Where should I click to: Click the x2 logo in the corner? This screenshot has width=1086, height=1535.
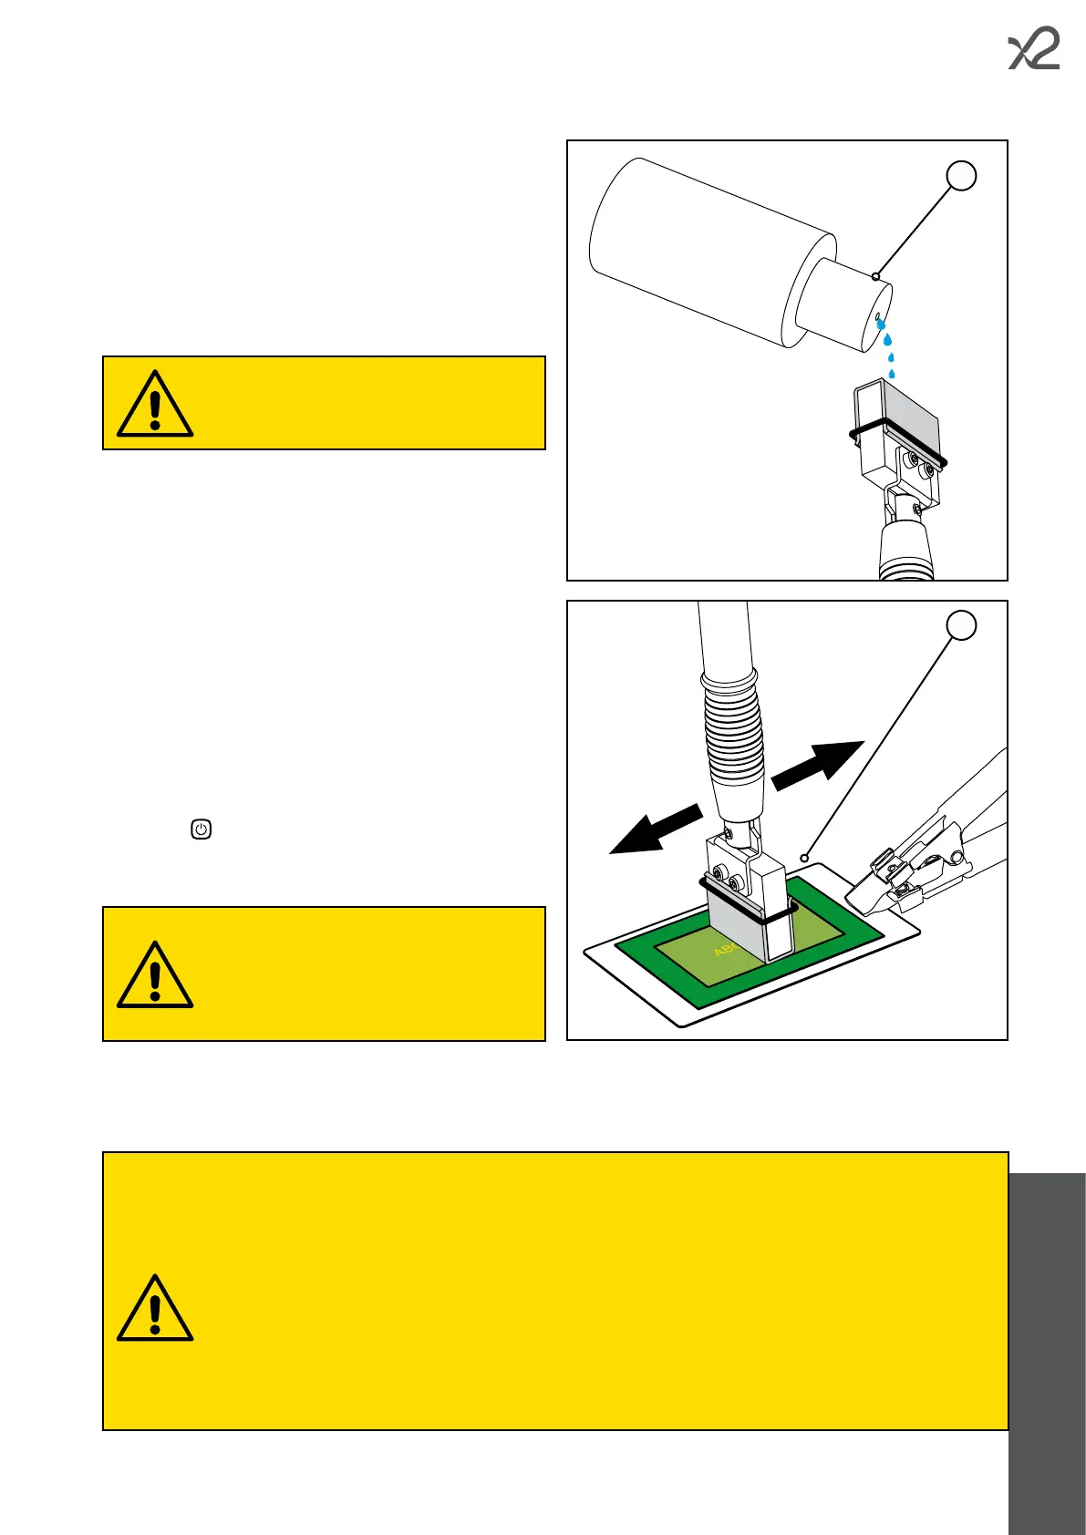click(1034, 51)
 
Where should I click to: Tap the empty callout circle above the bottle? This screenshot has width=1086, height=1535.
click(962, 175)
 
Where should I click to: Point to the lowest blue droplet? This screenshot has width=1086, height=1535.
click(891, 373)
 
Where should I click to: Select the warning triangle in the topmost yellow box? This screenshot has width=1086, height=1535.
click(155, 405)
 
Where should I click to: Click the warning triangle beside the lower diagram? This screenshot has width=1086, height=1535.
click(155, 975)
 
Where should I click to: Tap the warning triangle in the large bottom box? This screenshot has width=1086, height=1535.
click(155, 1309)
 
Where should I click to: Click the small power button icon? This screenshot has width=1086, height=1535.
click(202, 829)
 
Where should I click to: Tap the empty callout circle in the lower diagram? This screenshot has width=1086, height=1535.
click(962, 625)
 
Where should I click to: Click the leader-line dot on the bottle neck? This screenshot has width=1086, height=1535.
click(875, 276)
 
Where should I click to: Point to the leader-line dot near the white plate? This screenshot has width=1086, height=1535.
click(804, 858)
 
